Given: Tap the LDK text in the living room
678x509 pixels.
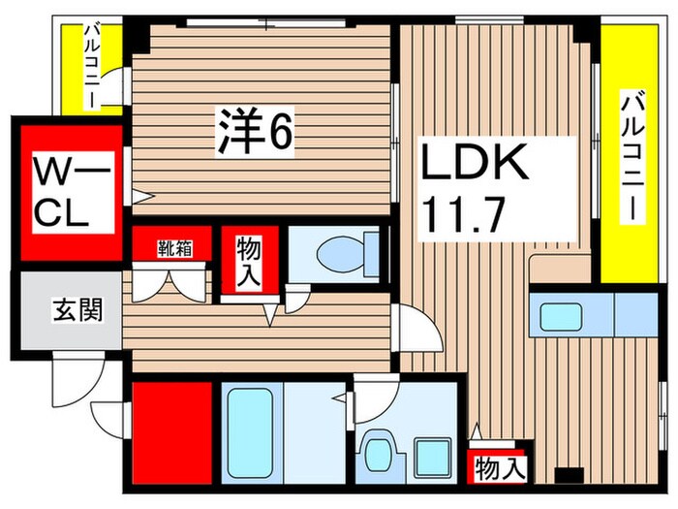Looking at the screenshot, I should coord(475,163).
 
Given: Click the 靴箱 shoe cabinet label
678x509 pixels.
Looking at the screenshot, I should coord(174,247).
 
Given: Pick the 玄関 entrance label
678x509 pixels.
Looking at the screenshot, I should coord(73,313).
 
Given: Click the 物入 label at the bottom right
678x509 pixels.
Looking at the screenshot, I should coord(499,470).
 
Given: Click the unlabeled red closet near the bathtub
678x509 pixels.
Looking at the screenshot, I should coord(171,432).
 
